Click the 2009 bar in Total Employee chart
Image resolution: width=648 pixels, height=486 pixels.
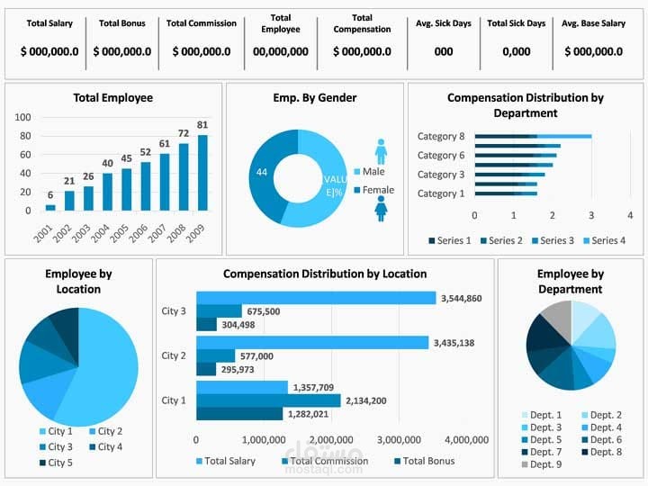tap(202, 173)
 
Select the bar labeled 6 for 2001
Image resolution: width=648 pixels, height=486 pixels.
tap(50, 207)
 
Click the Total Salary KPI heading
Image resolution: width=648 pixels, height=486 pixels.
tap(49, 23)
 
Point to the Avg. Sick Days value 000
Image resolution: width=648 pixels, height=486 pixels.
tap(444, 52)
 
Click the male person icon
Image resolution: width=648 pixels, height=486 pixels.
tap(381, 151)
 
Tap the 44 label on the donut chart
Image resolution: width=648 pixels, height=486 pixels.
tap(262, 171)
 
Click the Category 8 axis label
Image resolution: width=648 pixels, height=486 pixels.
tap(441, 137)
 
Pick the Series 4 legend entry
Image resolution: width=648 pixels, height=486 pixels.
tap(604, 240)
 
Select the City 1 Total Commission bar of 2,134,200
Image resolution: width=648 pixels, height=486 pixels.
tap(268, 400)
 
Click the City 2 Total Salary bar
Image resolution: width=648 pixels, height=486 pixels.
tap(311, 343)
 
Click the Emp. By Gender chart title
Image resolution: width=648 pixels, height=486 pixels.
tap(314, 97)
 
